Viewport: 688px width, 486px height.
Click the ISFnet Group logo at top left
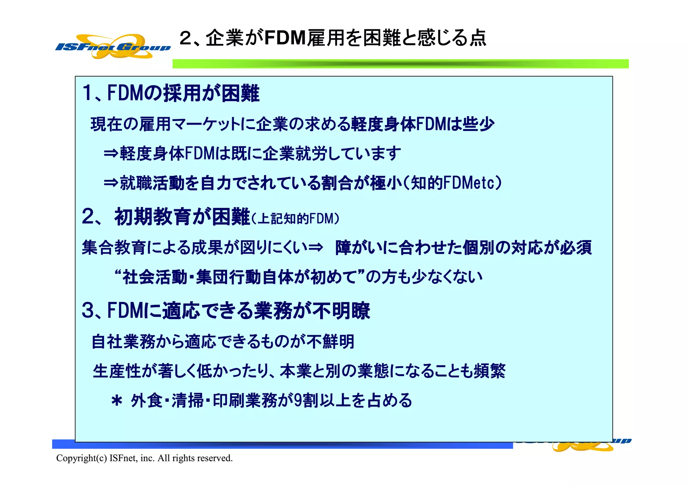[x=113, y=47]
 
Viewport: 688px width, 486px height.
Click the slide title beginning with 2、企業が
[x=333, y=38]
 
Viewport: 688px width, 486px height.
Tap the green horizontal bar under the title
[x=400, y=64]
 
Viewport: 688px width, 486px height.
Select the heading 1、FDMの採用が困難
[x=171, y=93]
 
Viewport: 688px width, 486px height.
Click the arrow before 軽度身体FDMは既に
[x=111, y=153]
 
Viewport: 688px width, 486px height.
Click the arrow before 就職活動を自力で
[x=111, y=183]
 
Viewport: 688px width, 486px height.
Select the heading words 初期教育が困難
[x=182, y=217]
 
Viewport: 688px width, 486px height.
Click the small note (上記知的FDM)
[x=296, y=219]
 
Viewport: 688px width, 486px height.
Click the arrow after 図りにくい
[x=316, y=248]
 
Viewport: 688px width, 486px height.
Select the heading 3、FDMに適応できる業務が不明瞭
[x=226, y=310]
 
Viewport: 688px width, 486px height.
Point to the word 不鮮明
[x=331, y=342]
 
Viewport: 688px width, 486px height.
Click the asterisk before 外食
[x=117, y=401]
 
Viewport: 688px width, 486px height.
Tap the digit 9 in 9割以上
[x=298, y=400]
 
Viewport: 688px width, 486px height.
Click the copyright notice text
[x=144, y=458]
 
